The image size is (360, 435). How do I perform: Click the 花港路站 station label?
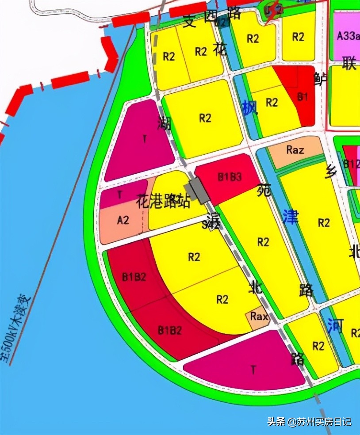163,202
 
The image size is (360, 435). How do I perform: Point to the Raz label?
295,150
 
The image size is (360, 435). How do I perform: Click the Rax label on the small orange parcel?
259,316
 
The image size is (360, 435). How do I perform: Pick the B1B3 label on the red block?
230,177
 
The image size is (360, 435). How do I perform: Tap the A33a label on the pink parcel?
348,36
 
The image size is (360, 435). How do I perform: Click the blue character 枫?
250,108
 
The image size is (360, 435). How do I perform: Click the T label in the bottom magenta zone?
253,370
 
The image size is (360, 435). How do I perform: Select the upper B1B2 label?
134,277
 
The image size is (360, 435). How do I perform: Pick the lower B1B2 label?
170,329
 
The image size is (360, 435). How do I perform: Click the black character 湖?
164,123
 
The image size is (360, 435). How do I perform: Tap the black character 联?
349,64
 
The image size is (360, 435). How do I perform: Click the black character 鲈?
320,79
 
